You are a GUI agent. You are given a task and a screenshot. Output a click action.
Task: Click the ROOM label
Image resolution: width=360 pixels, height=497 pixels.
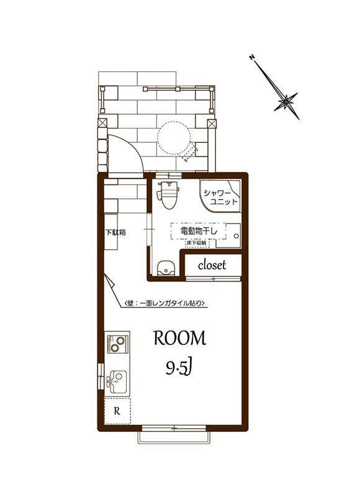coord(179,338)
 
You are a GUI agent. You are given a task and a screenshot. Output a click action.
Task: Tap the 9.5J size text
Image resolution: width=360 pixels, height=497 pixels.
coord(179,368)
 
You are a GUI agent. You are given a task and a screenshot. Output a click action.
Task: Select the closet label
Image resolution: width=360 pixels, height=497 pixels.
coord(212,265)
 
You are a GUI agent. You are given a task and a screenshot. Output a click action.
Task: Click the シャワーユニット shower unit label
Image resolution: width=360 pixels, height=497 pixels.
coord(220,197)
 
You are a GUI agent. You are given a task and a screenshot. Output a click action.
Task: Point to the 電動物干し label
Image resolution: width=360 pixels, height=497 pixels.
coord(199,231)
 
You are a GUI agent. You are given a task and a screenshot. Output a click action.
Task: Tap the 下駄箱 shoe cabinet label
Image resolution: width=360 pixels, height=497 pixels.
coord(115,232)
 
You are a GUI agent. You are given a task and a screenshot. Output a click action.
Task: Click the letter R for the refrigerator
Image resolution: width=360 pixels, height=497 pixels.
coord(117,411)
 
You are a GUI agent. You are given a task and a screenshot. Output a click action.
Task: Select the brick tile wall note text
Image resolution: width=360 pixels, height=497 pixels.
coord(164,303)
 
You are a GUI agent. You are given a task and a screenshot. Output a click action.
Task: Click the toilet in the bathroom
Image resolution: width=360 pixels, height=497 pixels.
coord(168,195)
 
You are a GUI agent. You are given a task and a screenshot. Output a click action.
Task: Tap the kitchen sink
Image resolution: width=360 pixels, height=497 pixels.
coord(117,380)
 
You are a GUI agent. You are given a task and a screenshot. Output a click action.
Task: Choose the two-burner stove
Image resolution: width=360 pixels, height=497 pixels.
coord(117,344)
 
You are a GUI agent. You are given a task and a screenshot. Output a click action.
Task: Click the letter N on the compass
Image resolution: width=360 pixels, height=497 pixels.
coord(252,57)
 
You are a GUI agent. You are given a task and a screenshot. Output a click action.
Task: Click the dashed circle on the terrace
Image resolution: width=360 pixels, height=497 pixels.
coord(174,138)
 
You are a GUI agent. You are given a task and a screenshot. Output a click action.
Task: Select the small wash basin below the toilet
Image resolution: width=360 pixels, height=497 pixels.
coord(166,268)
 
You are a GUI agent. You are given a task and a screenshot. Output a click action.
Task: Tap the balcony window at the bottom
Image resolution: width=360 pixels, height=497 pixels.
coord(174,429)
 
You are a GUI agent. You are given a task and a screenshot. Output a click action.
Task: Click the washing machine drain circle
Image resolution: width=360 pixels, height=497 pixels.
coord(236,236)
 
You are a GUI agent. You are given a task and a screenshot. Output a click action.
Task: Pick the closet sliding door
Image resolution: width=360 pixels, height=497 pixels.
coord(214,278)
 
